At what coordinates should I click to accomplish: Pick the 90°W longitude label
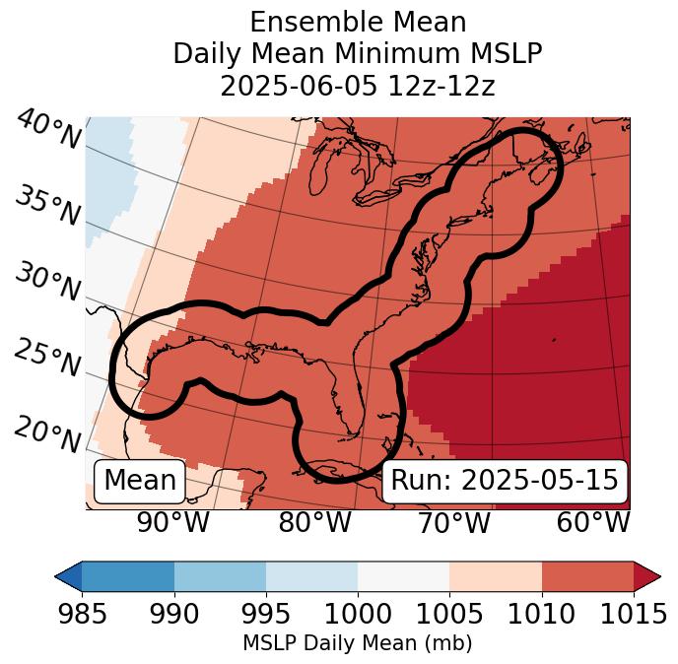pos(173,522)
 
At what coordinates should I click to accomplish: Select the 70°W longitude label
pos(454,522)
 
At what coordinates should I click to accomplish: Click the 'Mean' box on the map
pos(140,481)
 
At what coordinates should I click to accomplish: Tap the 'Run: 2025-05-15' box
pos(505,481)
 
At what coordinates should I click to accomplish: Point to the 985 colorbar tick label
pos(82,615)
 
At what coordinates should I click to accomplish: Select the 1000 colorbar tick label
pos(358,615)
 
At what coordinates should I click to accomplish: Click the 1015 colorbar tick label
pos(633,615)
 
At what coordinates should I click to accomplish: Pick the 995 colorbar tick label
pos(266,615)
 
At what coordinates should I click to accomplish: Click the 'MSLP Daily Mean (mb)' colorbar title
pos(357,644)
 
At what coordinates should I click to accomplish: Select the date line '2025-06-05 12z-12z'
pos(357,86)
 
